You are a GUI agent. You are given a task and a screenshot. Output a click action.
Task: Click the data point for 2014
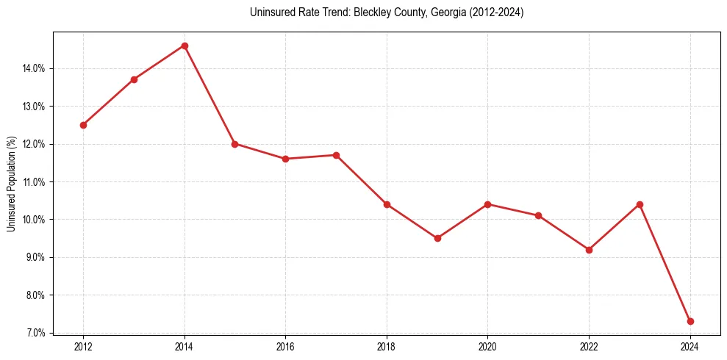(x=185, y=46)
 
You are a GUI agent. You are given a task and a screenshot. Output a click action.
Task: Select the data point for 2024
(x=690, y=321)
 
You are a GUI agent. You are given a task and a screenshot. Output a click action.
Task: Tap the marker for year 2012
(x=83, y=125)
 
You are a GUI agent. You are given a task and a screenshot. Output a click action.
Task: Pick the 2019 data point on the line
(x=437, y=238)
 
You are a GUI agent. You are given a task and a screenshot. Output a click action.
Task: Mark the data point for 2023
(x=640, y=204)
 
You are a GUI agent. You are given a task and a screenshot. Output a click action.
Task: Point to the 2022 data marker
(x=589, y=250)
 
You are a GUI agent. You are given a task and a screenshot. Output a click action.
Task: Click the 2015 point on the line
(x=234, y=144)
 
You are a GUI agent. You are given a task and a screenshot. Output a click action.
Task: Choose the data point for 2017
(x=336, y=155)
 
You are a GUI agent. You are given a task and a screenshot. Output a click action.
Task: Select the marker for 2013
(x=134, y=79)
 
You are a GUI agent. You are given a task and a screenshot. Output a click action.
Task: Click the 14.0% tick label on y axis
(x=34, y=69)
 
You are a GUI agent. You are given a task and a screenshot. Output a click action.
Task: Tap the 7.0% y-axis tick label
(x=35, y=333)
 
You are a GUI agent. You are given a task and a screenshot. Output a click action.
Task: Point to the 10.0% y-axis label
(x=34, y=220)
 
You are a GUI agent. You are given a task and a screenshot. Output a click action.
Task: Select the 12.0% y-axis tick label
(x=34, y=144)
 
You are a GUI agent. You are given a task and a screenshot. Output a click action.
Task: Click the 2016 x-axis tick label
(x=285, y=345)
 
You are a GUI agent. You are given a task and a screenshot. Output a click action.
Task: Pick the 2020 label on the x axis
(x=487, y=345)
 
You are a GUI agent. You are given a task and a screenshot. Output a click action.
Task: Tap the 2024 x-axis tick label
(x=690, y=345)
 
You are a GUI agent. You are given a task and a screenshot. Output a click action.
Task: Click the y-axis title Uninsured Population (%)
(x=11, y=184)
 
